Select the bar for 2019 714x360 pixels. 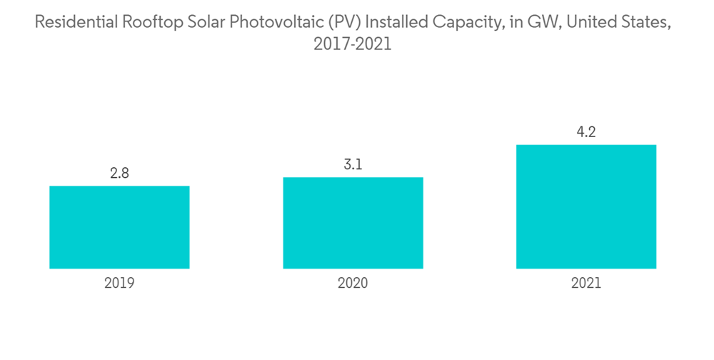pyautogui.click(x=119, y=227)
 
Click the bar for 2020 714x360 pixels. pyautogui.click(x=353, y=223)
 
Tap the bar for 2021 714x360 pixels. pyautogui.click(x=586, y=206)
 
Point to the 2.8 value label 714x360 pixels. pyautogui.click(x=119, y=173)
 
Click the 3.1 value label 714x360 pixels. pyautogui.click(x=353, y=164)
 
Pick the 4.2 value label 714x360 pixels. pyautogui.click(x=586, y=132)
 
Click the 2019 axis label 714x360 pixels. pyautogui.click(x=119, y=283)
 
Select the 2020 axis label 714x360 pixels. pyautogui.click(x=353, y=283)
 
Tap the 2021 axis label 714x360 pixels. pyautogui.click(x=586, y=283)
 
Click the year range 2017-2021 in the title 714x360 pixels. pyautogui.click(x=353, y=44)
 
